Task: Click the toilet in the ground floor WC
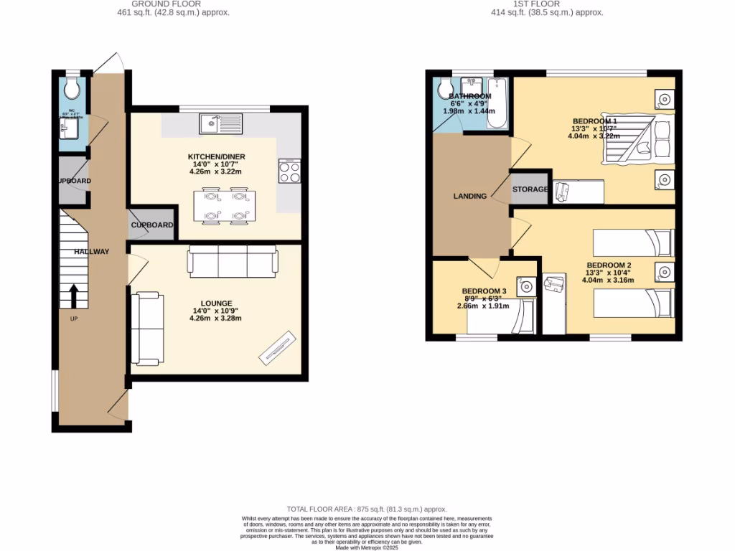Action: point(72,88)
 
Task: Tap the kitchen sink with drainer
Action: point(222,123)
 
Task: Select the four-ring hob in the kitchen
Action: point(289,172)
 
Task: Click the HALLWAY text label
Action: point(91,251)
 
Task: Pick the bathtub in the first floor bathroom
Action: point(497,104)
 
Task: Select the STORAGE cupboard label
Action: point(530,189)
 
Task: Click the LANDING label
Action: point(470,196)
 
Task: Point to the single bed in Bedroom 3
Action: point(500,317)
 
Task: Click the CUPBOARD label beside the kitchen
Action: point(152,225)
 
